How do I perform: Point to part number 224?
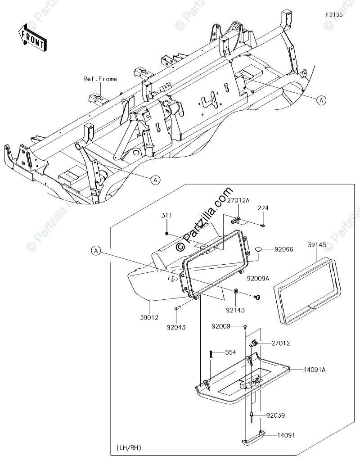coord(263,208)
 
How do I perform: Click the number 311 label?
coord(166,216)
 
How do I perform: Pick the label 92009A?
coord(258,278)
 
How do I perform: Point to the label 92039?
coord(275,415)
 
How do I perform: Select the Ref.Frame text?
coord(100,79)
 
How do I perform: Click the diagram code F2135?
coord(334,14)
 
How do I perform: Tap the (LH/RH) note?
coord(130,448)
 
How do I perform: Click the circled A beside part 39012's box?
coord(96,251)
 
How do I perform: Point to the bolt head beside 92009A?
coord(258,297)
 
